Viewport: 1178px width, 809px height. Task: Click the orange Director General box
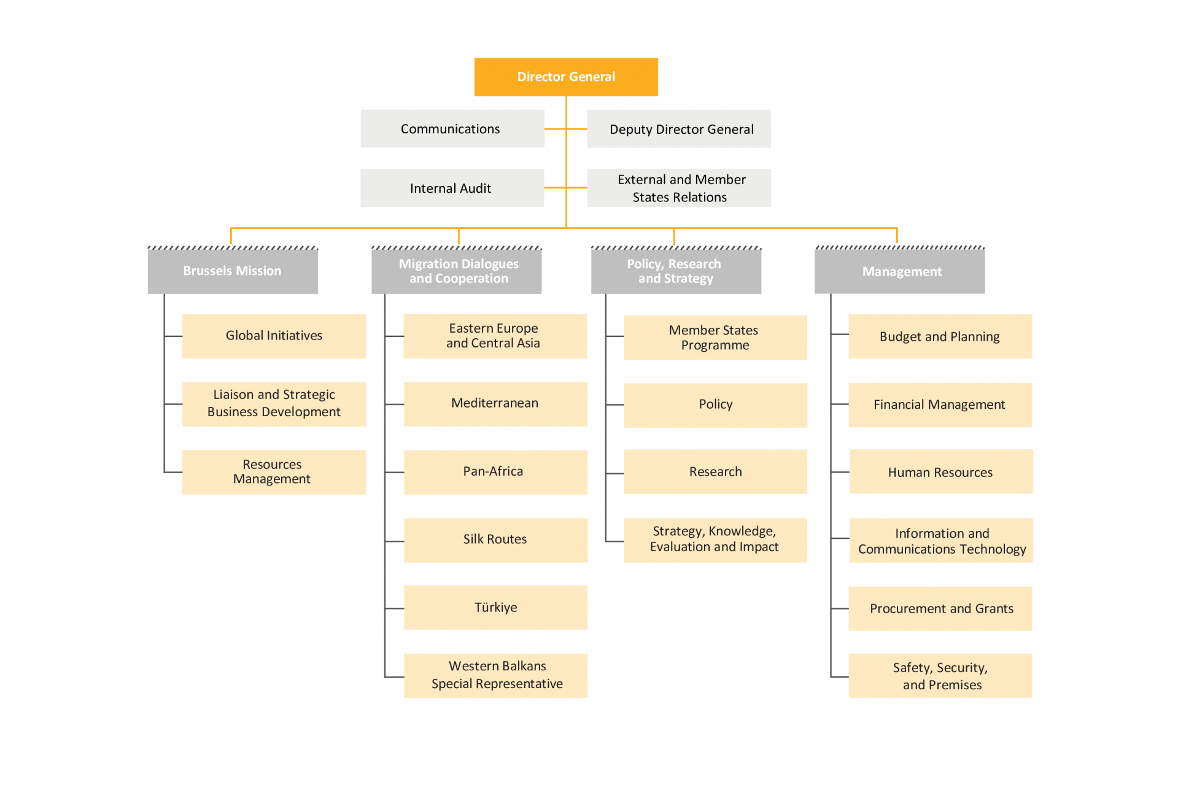coord(565,77)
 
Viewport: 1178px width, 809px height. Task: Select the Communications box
coord(452,129)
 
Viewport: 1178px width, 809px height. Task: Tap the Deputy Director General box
coord(678,129)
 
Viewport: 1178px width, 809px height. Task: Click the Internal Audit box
coord(452,188)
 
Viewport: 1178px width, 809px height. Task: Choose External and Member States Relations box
coord(678,188)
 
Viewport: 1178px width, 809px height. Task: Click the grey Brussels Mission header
coord(233,271)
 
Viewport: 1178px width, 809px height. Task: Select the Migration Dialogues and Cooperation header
coord(456,271)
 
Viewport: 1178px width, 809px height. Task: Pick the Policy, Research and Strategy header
coord(676,271)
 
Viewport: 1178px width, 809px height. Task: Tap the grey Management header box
coord(899,271)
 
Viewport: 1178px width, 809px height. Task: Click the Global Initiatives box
coord(274,336)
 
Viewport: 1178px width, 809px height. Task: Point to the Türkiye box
coord(495,607)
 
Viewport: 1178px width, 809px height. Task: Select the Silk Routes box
coord(495,540)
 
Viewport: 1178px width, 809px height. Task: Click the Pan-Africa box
coord(495,471)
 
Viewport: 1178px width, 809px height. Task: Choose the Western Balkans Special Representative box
coord(495,675)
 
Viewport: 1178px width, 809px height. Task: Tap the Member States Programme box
coord(715,338)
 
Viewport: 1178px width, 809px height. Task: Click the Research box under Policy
coord(715,471)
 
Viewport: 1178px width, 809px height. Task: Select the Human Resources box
coord(940,471)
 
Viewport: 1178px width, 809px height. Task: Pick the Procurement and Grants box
coord(940,608)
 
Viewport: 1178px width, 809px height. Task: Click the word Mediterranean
coord(495,403)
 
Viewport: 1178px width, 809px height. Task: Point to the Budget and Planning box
coord(940,336)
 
